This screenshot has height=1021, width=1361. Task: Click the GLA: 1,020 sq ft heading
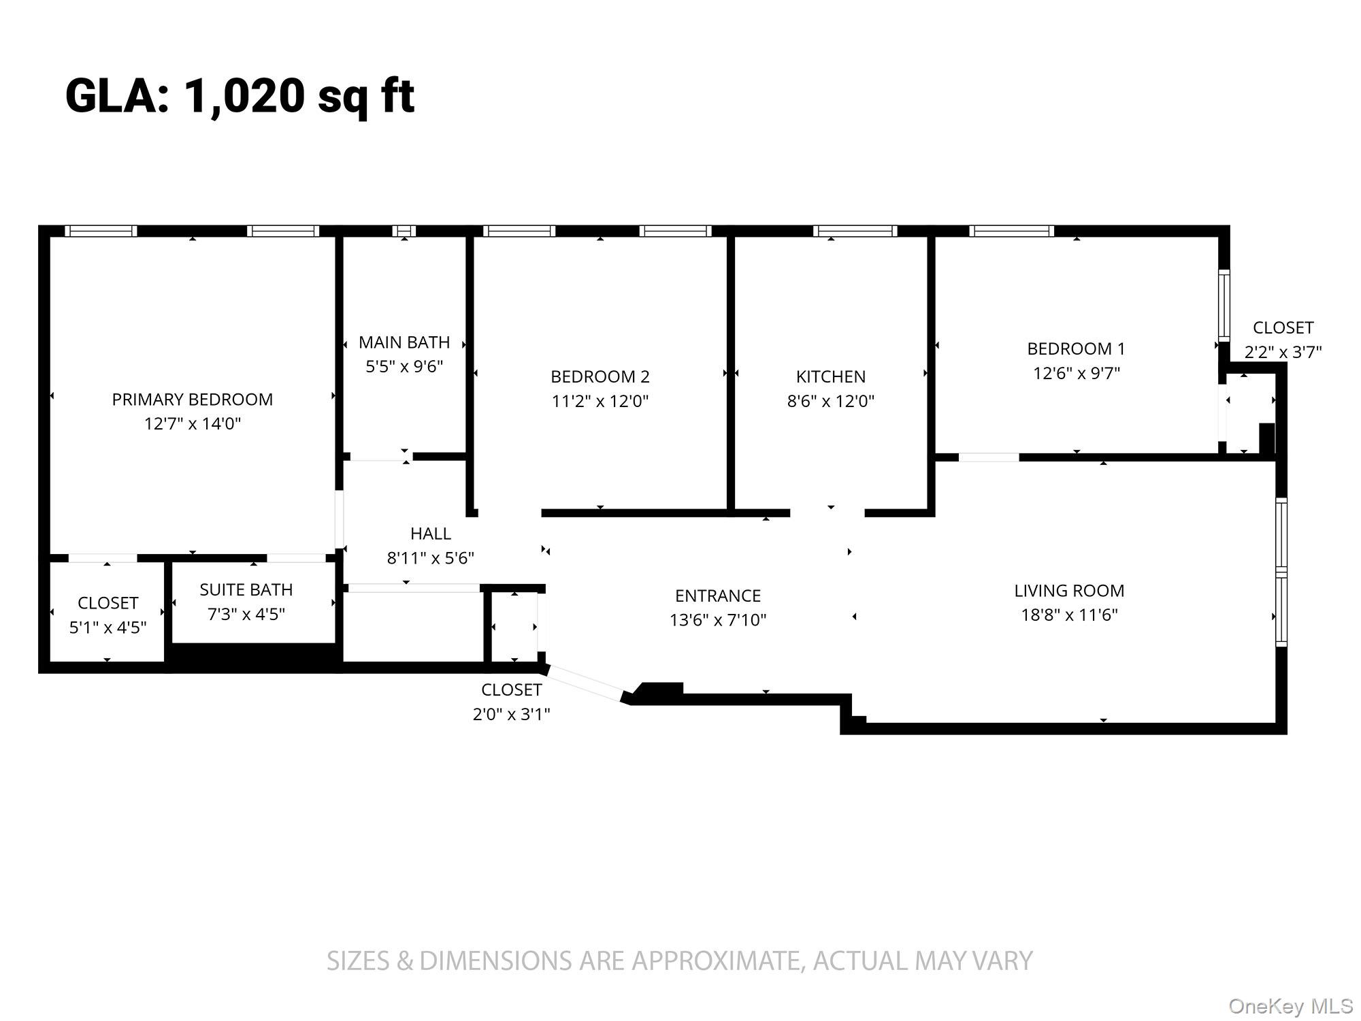coord(240,96)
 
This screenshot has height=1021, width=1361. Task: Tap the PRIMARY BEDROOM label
coord(193,400)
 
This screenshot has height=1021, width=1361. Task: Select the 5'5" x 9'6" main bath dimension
coord(404,367)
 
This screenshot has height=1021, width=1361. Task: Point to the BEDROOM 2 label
coord(600,376)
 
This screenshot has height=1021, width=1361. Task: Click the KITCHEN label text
coord(831,376)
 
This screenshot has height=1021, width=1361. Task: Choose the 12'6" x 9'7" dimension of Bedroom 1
coord(1077,373)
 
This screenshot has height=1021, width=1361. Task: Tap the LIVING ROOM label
coord(1069,591)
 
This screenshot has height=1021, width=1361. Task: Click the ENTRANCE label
coord(718,596)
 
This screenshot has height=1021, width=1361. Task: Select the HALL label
coord(430,534)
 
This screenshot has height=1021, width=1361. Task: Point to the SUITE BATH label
coord(246,589)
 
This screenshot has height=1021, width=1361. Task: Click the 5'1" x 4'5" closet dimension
coord(108,628)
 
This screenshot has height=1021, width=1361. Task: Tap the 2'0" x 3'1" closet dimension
coord(511,714)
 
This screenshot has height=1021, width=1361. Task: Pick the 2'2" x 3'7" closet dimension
coord(1283,352)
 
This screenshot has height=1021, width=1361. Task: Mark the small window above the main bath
coord(404,231)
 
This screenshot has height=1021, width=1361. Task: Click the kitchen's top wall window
coord(855,231)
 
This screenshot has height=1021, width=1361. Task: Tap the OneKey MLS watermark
coord(1290,1006)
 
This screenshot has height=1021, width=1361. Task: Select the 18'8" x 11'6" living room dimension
coord(1069,615)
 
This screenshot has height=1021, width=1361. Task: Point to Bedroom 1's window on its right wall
coord(1224,305)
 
